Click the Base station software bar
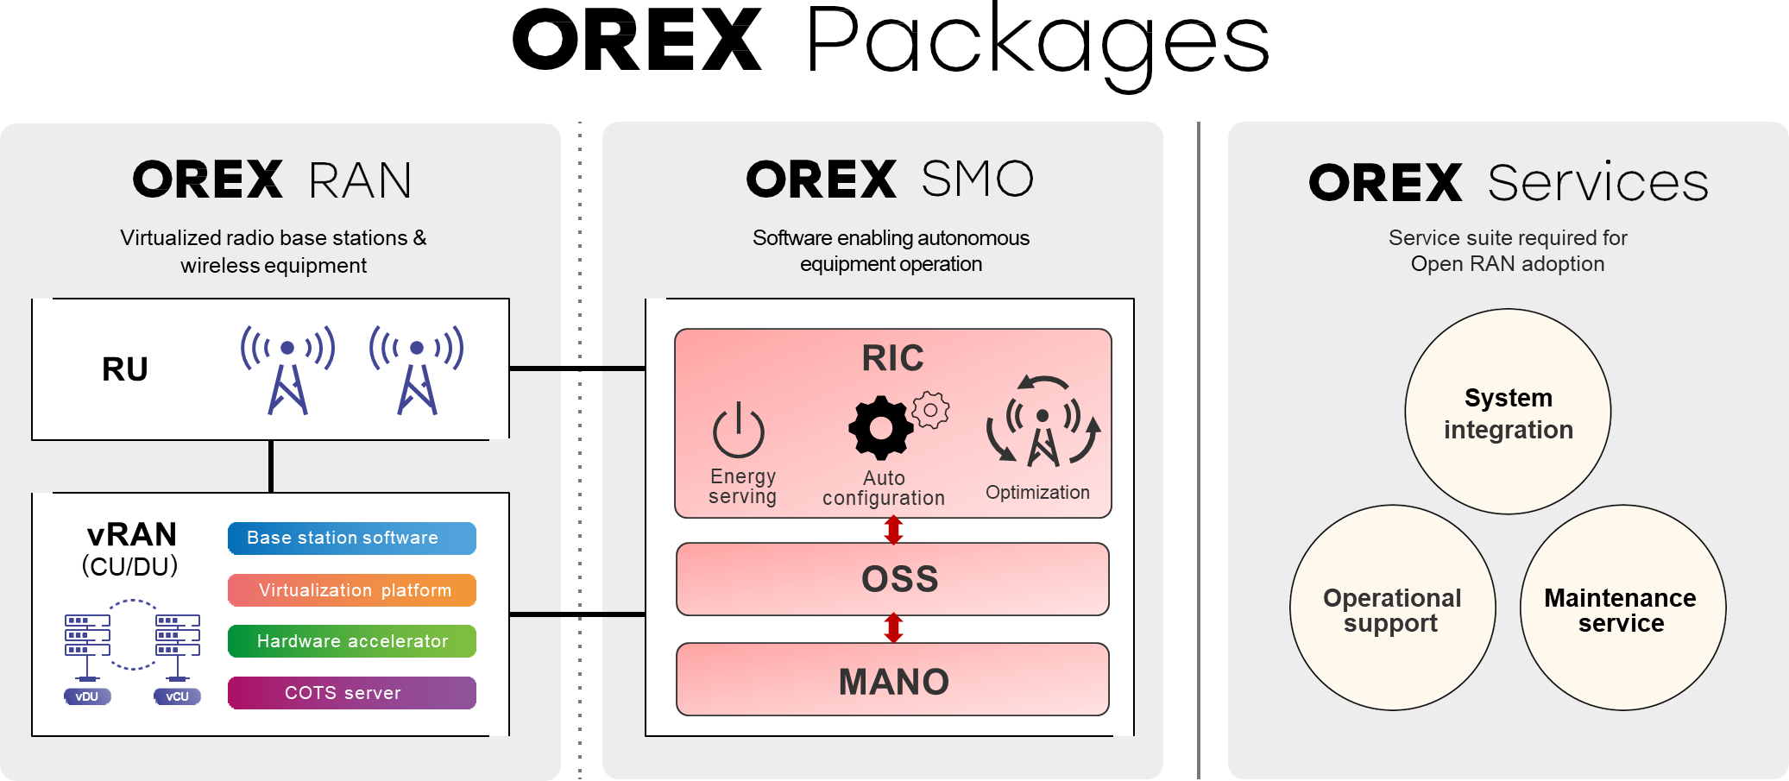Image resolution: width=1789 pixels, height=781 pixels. coord(351,538)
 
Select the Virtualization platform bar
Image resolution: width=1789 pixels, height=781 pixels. coord(351,590)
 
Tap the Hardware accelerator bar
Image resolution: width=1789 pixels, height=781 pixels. coord(351,641)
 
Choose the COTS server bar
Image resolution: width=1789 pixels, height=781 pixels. coord(351,693)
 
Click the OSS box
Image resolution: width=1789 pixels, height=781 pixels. coord(892,579)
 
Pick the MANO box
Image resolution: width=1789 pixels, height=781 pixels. coord(892,680)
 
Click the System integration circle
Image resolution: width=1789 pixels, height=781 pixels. coord(1508,413)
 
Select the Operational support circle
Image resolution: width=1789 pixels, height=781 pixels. coord(1392,608)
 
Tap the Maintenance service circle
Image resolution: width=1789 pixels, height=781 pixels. coord(1622,608)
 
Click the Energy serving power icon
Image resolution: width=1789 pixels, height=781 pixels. coord(738,431)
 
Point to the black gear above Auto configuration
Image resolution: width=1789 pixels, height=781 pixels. coord(879,427)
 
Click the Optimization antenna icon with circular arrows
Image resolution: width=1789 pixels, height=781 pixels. coord(1043,423)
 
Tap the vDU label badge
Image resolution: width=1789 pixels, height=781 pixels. coord(87,696)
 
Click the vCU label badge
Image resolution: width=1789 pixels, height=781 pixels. coord(177,696)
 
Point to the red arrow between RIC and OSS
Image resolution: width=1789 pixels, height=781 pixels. coord(893,530)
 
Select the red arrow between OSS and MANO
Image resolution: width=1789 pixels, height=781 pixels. coord(893,628)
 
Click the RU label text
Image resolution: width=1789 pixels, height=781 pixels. coord(125,369)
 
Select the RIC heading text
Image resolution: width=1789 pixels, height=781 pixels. coord(892,358)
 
